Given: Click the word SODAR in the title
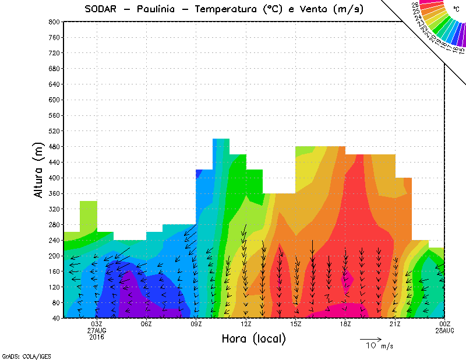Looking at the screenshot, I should click(103, 9).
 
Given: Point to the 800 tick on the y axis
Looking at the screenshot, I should click(54, 22).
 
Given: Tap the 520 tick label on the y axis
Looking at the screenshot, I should click(54, 131).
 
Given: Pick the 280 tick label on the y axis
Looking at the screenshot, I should click(54, 225).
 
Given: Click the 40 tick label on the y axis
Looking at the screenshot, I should click(55, 319).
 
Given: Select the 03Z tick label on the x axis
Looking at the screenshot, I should click(97, 324).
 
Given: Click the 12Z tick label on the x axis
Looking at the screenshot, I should click(246, 324).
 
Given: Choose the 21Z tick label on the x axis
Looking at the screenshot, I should click(395, 324).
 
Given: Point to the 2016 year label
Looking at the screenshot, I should click(97, 337).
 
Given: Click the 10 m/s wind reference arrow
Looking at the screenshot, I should click(370, 338).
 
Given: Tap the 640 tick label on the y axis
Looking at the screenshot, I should click(54, 84).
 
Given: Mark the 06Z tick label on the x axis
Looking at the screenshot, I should click(146, 324).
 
